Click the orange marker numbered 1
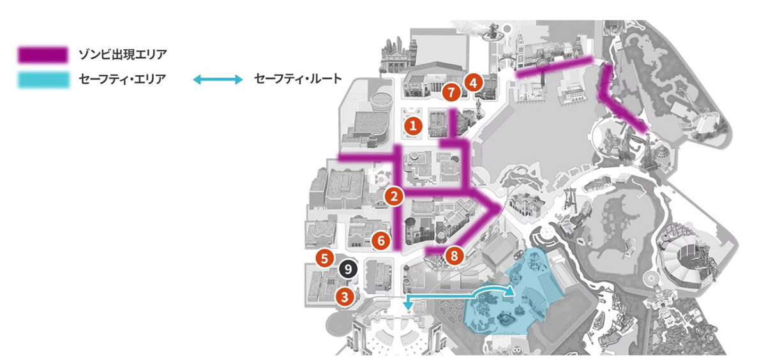tap(414, 126)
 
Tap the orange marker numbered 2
tap(394, 196)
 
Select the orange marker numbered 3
tap(345, 296)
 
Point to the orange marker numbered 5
tap(325, 259)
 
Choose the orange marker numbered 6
tap(380, 241)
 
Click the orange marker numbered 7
tap(451, 93)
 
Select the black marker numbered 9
tap(347, 269)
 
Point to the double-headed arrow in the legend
tap(218, 80)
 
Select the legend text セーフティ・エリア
tap(121, 80)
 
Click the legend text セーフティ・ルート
tap(297, 80)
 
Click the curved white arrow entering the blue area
tap(495, 290)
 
